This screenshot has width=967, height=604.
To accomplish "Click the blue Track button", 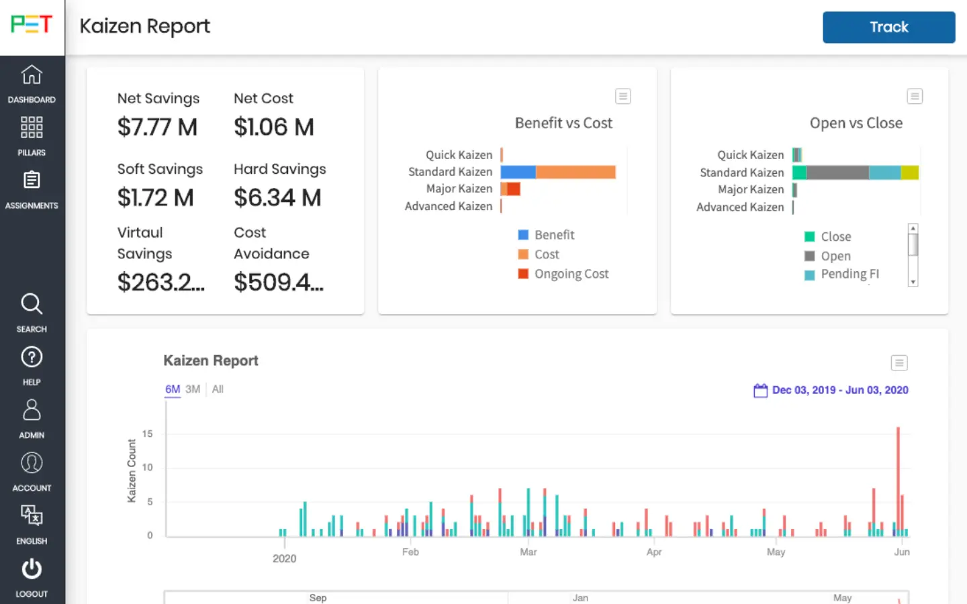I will [x=888, y=28].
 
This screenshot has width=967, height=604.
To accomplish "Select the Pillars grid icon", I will [x=32, y=128].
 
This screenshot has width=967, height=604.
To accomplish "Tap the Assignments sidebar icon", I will [x=32, y=181].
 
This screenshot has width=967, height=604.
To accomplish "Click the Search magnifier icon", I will [x=32, y=304].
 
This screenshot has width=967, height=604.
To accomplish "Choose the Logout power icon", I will [x=32, y=570].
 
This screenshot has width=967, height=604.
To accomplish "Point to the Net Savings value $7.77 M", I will [x=157, y=128].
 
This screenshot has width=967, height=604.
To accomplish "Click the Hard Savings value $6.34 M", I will [x=277, y=198].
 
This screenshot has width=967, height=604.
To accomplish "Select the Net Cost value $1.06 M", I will [x=274, y=128].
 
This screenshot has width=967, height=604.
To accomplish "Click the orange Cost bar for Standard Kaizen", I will [x=575, y=172].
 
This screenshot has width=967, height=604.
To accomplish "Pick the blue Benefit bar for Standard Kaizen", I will [x=518, y=172].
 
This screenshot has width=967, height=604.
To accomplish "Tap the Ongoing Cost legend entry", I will [x=571, y=274].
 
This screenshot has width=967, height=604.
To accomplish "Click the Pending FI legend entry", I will [x=849, y=274].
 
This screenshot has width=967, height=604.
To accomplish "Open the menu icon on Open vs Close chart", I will [x=915, y=97].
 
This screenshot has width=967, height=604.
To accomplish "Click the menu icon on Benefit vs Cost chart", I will [x=623, y=97].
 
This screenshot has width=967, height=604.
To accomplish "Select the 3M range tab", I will [x=193, y=389].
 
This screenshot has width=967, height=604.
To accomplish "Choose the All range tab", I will [x=218, y=389].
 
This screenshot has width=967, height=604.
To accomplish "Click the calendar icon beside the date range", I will [x=760, y=391].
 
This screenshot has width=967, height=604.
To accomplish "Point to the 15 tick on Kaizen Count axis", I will [x=148, y=434].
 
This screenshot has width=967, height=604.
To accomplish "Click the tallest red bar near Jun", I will [x=898, y=470].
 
